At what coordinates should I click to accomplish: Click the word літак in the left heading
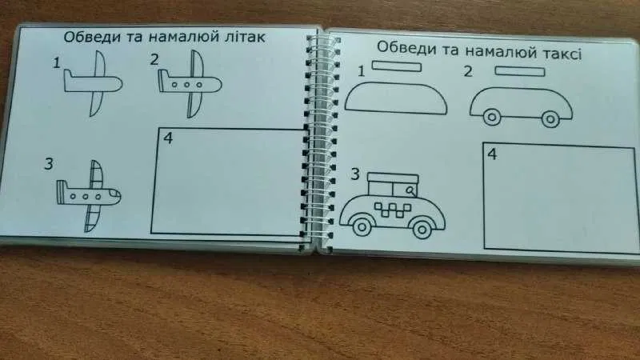pos(245,37)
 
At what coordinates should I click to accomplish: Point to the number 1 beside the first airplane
pos(57,63)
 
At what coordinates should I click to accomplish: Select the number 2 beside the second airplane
pos(154,59)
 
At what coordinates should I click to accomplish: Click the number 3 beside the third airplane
pos(49,164)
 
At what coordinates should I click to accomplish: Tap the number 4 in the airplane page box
pos(168,138)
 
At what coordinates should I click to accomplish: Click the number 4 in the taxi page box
pos(492,154)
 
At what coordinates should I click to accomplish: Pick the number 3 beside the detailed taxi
pos(355,174)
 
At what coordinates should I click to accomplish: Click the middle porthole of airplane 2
pos(186,85)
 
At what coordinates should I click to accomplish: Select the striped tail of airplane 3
pos(62,192)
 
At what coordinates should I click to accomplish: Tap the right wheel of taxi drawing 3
pos(422,230)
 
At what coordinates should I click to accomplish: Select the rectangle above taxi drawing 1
pos(396,66)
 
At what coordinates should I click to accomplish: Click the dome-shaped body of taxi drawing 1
pos(395,98)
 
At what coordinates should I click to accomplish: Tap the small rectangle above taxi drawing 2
pos(519,72)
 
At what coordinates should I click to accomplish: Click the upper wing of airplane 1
pos(100,63)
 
